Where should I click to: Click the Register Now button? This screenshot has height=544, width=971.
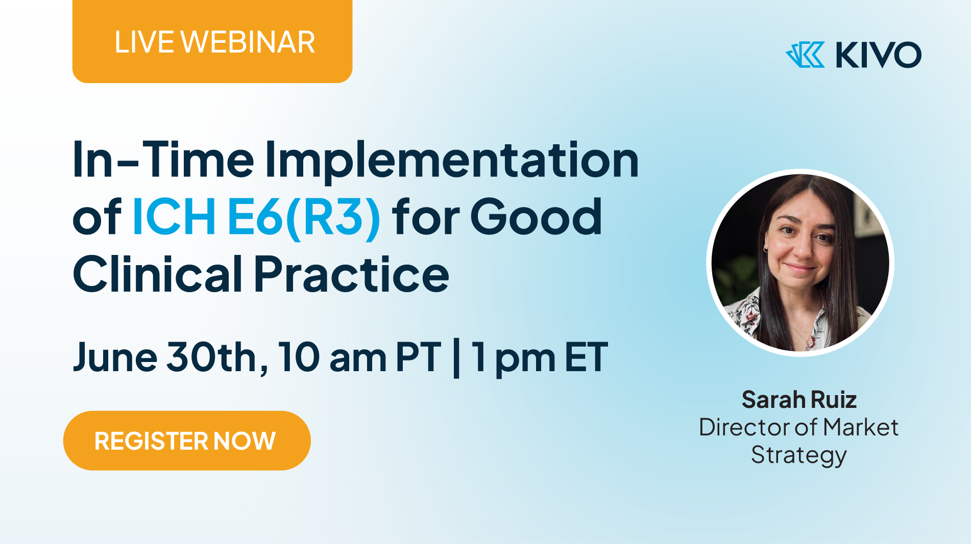pos(187,441)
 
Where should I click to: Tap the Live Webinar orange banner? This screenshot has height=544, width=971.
pos(212,41)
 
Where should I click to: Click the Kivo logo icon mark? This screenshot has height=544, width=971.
pos(805,55)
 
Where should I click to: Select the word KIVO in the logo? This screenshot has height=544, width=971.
pos(878,55)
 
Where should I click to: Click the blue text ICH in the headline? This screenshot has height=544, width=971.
pos(174,217)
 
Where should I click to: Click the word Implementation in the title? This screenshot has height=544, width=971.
pos(452,162)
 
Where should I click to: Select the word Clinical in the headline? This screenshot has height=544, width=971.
pos(158,274)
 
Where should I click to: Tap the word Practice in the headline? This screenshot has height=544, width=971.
pos(352,275)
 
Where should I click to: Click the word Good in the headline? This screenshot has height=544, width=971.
pos(536,217)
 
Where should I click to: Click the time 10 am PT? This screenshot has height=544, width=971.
pos(359,357)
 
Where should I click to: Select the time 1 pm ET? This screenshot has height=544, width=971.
pos(540,359)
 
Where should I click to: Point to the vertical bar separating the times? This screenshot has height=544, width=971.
pos(456,359)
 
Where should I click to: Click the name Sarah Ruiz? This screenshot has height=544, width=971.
pos(799,400)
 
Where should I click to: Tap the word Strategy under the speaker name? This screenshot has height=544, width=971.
pos(799,455)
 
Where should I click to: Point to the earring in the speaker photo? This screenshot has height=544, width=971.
pos(766,248)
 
